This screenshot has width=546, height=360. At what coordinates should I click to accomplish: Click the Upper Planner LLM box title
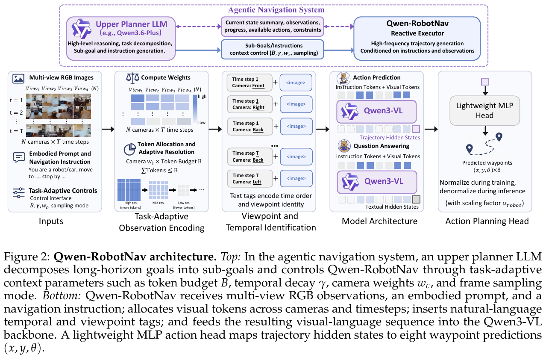[x=132, y=24]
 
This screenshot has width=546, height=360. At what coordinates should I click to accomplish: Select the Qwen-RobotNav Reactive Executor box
[x=417, y=38]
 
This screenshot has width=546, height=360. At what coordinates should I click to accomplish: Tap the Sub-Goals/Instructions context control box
[x=272, y=50]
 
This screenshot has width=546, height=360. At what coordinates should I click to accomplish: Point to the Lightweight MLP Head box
[x=484, y=110]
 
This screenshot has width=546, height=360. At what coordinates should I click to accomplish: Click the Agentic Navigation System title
[x=276, y=10]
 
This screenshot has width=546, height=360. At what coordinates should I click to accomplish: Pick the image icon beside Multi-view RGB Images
[x=18, y=79]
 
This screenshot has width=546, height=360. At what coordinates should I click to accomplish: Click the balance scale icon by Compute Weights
[x=132, y=77]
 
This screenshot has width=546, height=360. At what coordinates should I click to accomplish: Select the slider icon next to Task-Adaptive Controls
[x=18, y=193]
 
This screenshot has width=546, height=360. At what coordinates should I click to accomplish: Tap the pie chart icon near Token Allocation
[x=129, y=149]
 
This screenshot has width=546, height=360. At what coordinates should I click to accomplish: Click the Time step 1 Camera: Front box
[x=250, y=83]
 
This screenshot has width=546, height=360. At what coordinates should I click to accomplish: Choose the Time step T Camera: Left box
[x=250, y=179]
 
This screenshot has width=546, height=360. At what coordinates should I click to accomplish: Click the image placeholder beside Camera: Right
[x=296, y=104]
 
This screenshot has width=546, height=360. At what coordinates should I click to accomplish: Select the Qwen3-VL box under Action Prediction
[x=376, y=112]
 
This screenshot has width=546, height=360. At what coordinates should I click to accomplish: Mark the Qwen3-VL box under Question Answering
[x=377, y=182]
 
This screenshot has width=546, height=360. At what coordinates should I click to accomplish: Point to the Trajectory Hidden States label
[x=390, y=138]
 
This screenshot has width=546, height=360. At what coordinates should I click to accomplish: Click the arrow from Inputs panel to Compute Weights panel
[x=108, y=129]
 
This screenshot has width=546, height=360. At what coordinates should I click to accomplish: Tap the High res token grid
[x=129, y=190]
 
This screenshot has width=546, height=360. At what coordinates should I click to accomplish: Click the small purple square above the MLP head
[x=485, y=82]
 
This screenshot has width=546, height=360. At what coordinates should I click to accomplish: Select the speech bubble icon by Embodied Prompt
[x=19, y=158]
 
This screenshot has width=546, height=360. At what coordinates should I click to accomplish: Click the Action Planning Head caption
[x=487, y=221]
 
